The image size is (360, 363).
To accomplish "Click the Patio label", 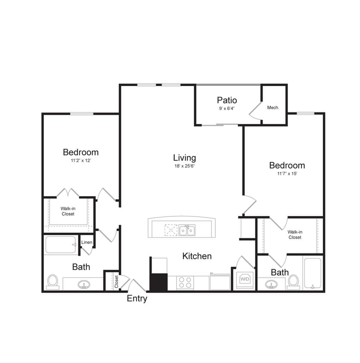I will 227,101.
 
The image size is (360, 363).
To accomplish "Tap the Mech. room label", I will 273,108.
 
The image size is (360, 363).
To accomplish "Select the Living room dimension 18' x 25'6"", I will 185,166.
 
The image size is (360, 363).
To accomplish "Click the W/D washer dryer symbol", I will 245,280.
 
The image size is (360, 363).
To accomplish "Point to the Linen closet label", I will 87,243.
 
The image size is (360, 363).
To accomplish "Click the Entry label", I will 137,298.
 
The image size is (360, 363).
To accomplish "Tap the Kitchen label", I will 197,256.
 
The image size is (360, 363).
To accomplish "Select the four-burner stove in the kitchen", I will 186,282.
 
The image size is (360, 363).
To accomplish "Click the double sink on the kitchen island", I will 187,231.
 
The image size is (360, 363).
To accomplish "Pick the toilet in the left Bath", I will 53,281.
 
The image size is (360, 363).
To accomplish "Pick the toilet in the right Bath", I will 294,281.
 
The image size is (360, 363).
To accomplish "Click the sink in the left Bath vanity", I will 83,285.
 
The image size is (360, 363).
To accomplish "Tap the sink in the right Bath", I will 272,284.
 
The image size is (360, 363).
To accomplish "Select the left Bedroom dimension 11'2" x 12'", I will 81,160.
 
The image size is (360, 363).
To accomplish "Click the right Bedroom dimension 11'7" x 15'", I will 287,173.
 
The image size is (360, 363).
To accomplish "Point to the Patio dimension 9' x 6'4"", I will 227,109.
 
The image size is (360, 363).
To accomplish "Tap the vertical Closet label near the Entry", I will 116,282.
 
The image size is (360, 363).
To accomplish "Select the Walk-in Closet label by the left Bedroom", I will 68,211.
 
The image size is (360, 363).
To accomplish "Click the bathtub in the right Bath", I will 312,273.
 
